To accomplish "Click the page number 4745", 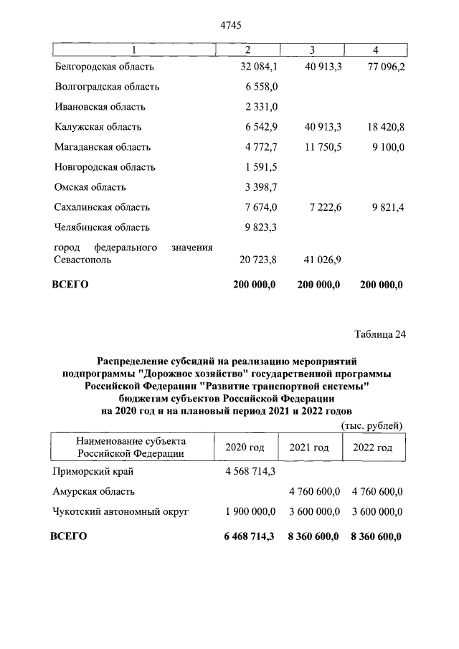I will pos(229,26).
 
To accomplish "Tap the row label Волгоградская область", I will pos(107,87).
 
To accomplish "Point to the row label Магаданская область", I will pos(103,147).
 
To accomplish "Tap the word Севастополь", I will pos(82,260).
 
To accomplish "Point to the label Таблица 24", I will pos(380,335).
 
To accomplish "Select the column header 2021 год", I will pos(309,447).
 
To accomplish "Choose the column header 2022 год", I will pos(372,447).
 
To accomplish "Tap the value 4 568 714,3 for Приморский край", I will pos(246,472).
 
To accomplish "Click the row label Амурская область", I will pos(94,492).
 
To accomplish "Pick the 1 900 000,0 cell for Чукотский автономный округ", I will pos(246,512).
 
